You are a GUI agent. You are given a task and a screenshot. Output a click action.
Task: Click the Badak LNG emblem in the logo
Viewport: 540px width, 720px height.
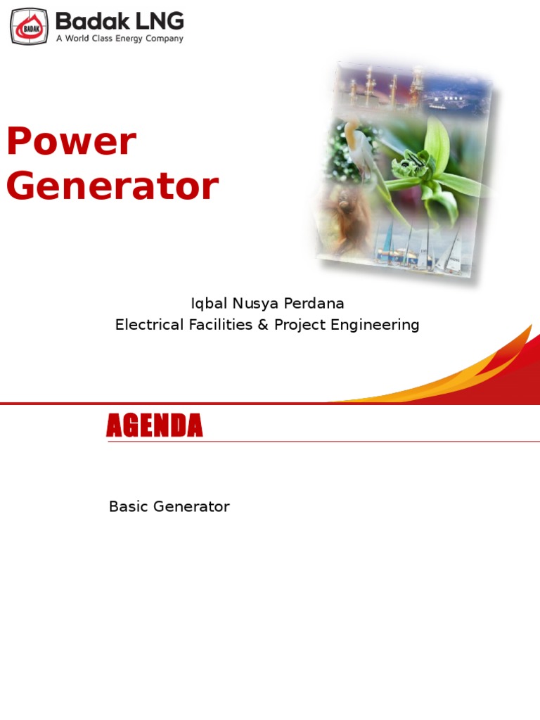coord(29,26)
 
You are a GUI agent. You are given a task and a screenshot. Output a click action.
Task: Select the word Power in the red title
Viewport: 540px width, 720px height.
coord(71,142)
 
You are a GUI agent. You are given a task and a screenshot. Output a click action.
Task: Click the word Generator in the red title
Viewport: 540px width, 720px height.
coord(112,187)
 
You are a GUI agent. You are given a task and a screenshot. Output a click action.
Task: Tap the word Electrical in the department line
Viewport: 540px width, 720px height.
coord(145,325)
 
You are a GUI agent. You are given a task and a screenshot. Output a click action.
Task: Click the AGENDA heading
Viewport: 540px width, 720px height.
coord(155,426)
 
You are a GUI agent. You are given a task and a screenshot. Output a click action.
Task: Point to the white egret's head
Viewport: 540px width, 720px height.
coord(349,127)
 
